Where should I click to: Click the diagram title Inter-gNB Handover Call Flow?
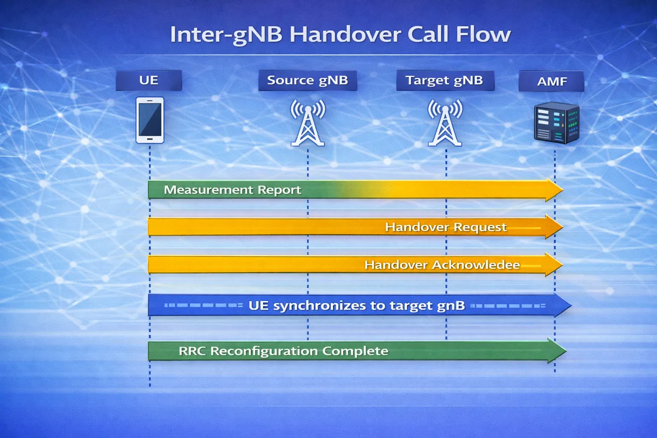pos(340,34)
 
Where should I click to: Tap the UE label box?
pos(148,81)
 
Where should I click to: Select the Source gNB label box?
pos(307,81)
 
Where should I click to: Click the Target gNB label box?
pos(445,81)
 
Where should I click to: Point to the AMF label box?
pos(551,83)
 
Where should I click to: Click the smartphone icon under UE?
pos(149,120)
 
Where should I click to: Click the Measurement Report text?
pos(233,191)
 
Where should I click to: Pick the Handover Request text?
pos(446,227)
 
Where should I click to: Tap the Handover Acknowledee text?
pos(442,265)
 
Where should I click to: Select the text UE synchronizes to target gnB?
pos(356,306)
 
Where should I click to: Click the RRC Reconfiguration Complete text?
pos(284,351)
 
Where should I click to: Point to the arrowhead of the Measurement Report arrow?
pos(554,190)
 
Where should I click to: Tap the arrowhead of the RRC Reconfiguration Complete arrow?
pos(557,350)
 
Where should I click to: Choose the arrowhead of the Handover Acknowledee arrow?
pos(554,264)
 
